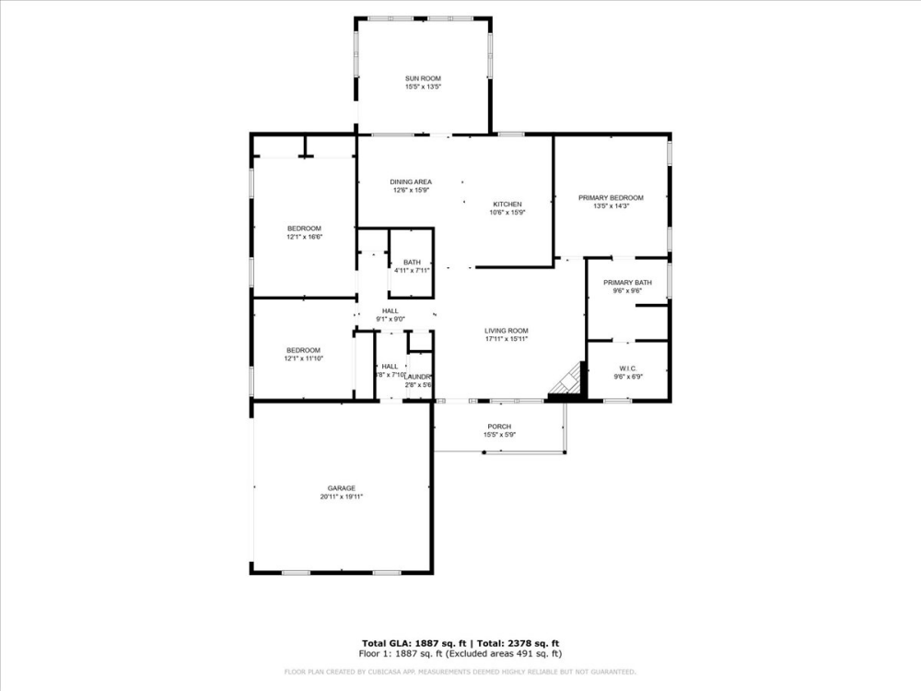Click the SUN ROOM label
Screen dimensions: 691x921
pos(424,78)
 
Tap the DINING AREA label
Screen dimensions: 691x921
pos(412,182)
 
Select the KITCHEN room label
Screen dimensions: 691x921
pos(507,204)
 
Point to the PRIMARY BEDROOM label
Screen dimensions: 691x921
pos(611,197)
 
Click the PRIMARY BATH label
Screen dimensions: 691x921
pos(627,282)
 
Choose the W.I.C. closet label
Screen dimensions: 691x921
pos(627,368)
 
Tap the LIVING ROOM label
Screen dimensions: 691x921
pos(506,330)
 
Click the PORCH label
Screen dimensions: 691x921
pos(499,426)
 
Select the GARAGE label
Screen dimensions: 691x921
pos(342,488)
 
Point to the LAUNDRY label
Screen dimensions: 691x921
pos(419,377)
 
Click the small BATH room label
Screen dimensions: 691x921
pos(412,263)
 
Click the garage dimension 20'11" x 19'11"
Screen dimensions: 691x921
pos(342,497)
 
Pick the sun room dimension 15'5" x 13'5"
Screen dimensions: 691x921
pos(424,87)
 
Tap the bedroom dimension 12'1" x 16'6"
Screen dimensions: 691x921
pos(304,237)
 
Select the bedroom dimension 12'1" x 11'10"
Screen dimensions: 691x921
pos(303,357)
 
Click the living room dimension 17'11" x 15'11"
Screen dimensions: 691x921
pos(506,338)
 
